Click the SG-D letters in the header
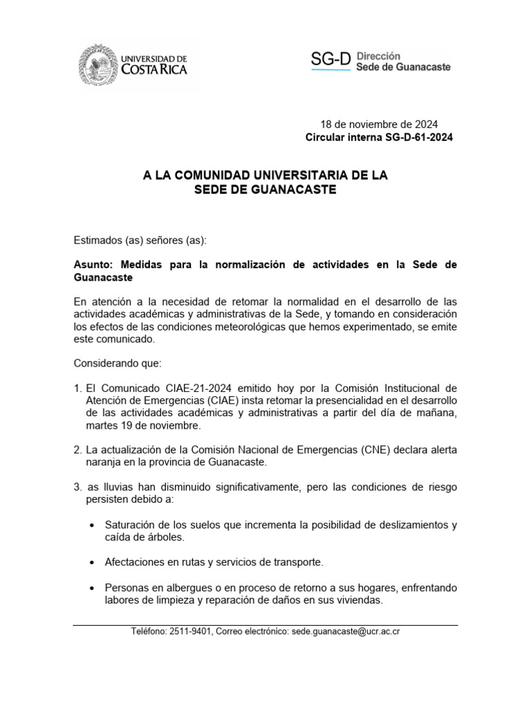click(x=330, y=60)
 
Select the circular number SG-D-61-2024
click(x=418, y=138)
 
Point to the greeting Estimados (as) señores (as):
click(x=140, y=241)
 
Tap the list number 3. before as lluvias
click(x=78, y=487)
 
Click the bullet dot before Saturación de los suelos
click(x=92, y=525)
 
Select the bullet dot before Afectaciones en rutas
click(x=92, y=562)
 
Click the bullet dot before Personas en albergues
click(x=92, y=588)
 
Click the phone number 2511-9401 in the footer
click(x=190, y=632)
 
